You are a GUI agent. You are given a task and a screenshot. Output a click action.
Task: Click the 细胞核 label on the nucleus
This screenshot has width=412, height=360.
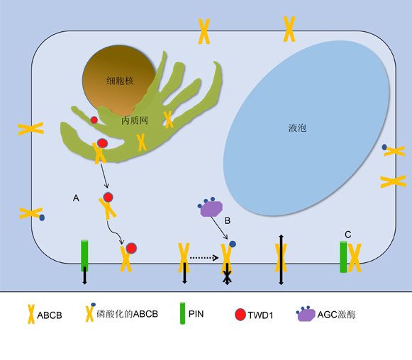point(120,81)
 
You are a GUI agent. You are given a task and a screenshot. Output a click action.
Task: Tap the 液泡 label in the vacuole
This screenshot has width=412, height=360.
point(297,128)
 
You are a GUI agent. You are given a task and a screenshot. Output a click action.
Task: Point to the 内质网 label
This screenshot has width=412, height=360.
point(135,120)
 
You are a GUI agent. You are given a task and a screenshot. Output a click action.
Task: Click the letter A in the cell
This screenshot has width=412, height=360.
point(76,198)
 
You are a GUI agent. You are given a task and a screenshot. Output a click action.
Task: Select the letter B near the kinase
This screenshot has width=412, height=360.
point(228,220)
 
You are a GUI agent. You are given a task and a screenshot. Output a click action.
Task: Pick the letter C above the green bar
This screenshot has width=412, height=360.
point(348,235)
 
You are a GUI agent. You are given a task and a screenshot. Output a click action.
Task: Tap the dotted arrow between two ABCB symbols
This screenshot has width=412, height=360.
point(204,257)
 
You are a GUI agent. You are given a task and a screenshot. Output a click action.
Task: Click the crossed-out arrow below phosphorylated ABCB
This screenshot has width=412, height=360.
point(228,274)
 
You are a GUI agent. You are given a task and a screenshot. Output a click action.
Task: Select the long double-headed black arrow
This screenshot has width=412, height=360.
point(281,259)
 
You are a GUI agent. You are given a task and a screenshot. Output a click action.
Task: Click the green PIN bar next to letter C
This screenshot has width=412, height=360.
point(343,257)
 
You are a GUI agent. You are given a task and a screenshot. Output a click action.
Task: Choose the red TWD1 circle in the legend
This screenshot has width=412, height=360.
point(240,315)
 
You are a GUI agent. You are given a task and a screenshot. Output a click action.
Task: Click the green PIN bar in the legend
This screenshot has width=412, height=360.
point(182,313)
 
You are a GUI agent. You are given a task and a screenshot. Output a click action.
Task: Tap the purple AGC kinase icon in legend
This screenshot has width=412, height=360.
point(306,314)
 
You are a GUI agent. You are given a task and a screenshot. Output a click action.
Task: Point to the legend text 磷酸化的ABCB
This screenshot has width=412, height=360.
point(128,314)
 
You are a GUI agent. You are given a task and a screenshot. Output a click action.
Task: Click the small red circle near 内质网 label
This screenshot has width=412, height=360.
point(94,120)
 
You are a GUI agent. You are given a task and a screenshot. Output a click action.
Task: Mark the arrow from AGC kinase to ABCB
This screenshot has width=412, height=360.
point(219,227)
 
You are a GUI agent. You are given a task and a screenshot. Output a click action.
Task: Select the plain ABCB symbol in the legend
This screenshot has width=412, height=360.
point(31,314)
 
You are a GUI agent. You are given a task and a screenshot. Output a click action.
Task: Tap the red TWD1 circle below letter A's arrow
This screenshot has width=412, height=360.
point(108,197)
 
